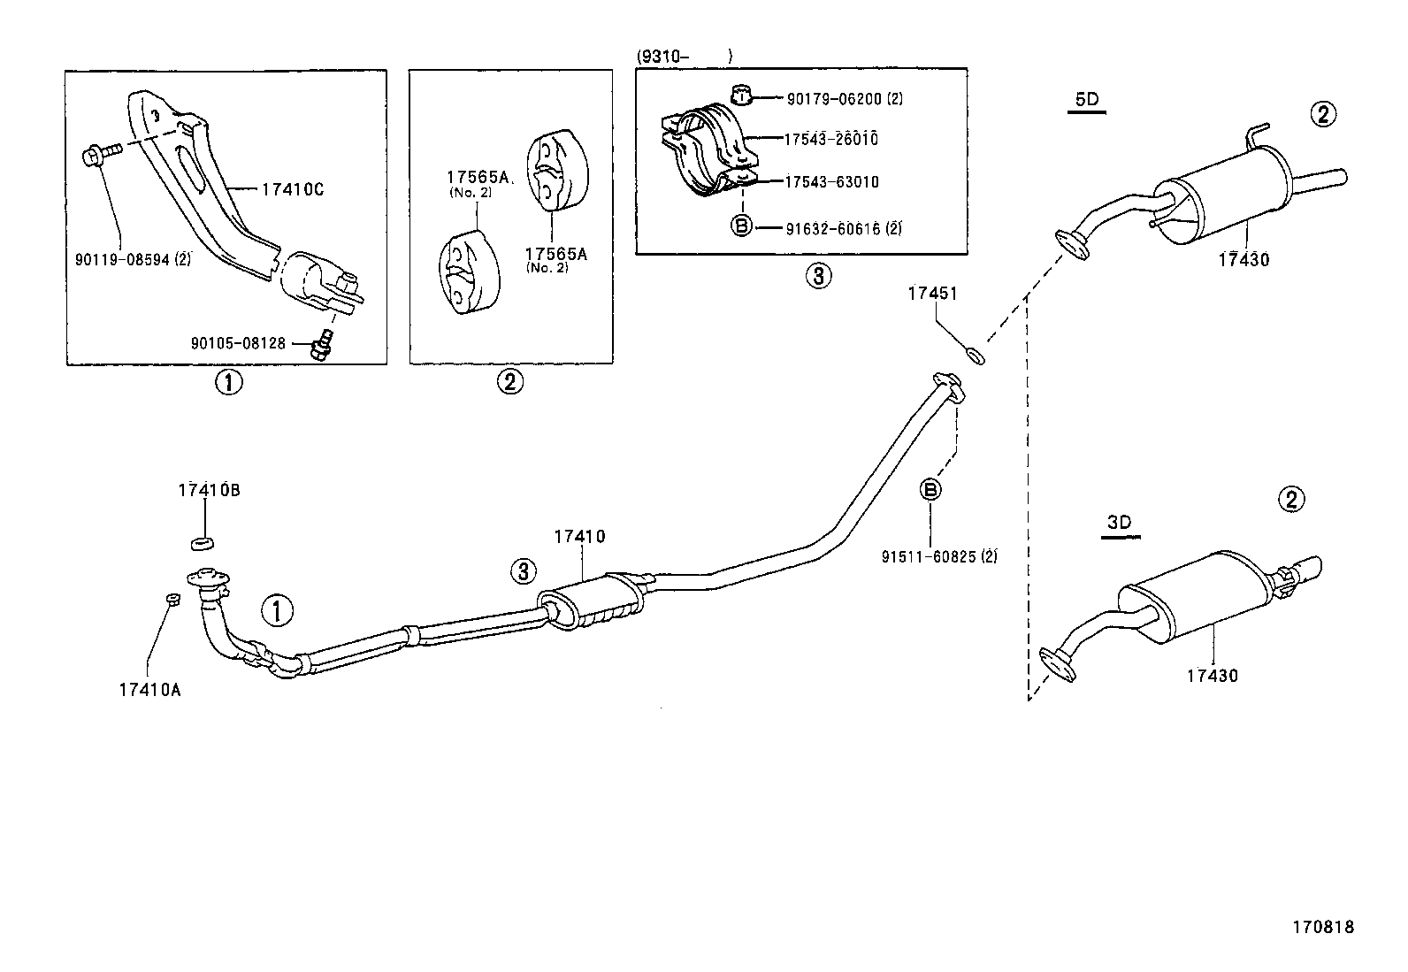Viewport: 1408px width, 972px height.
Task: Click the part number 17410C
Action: click(293, 188)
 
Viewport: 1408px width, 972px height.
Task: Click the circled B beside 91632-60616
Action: click(742, 226)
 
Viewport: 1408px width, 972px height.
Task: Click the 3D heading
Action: click(1119, 522)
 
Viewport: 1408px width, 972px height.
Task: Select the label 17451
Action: click(932, 293)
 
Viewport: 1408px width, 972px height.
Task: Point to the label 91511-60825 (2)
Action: click(938, 556)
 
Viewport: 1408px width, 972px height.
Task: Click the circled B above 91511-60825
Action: click(930, 489)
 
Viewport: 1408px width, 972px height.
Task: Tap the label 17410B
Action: click(209, 489)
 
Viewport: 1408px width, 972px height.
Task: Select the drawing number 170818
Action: click(1322, 927)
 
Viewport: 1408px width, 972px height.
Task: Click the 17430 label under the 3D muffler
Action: click(1212, 676)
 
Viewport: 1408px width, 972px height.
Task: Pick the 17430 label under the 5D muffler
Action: click(1243, 260)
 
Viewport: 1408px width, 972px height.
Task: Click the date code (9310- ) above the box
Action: click(684, 57)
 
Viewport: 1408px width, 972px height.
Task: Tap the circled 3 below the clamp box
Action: click(817, 277)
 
